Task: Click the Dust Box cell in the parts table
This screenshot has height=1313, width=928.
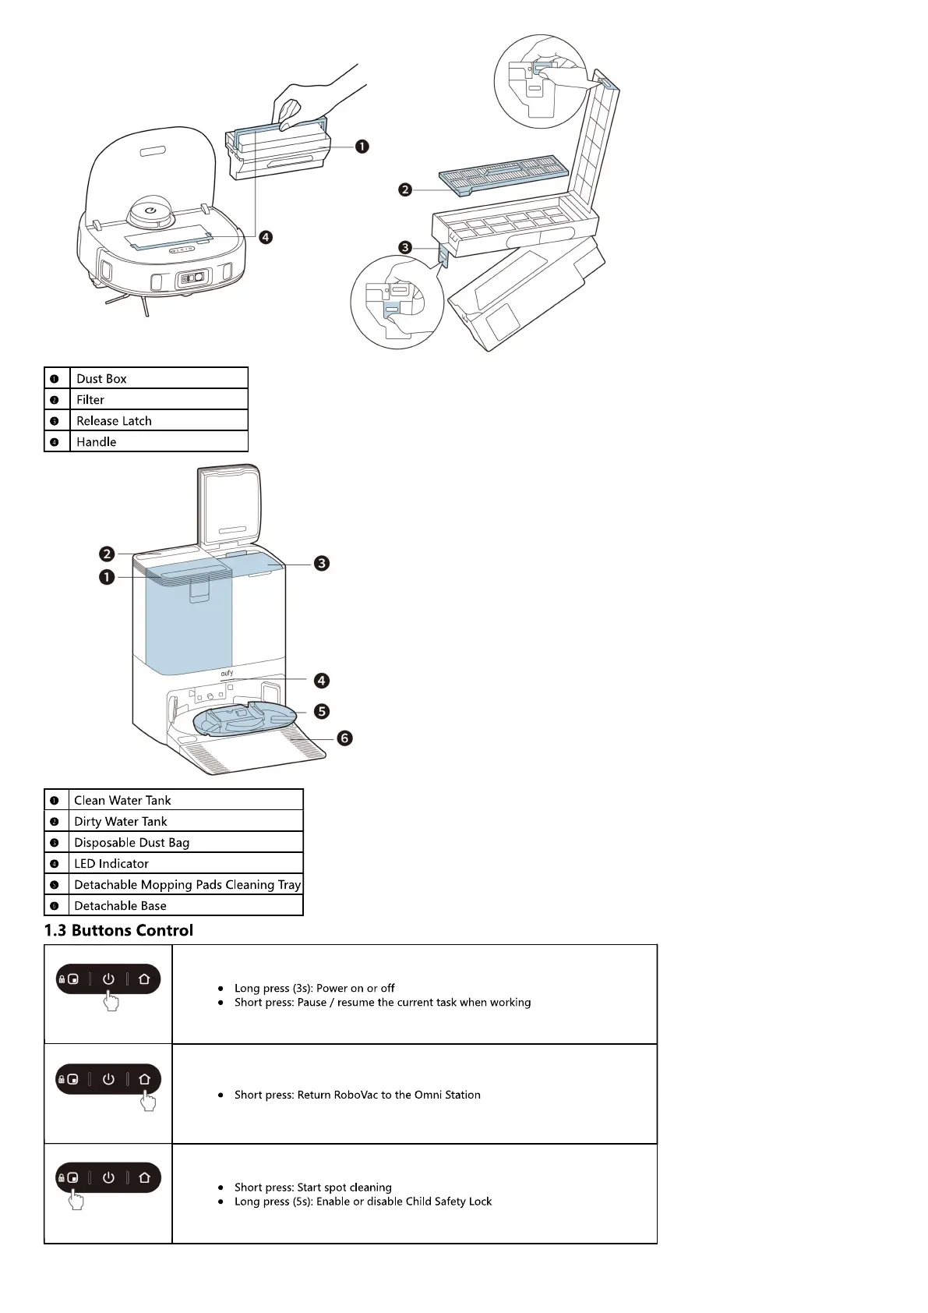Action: (x=158, y=378)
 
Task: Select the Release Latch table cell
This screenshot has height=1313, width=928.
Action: (x=158, y=420)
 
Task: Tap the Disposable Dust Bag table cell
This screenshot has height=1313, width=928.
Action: (x=185, y=842)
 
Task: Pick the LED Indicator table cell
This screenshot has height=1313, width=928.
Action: (x=185, y=863)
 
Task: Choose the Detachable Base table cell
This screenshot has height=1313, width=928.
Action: (x=185, y=905)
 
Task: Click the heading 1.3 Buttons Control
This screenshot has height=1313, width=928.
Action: (x=118, y=930)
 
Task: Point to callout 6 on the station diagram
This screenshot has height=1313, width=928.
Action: (x=344, y=738)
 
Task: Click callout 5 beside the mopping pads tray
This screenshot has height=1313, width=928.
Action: (x=322, y=711)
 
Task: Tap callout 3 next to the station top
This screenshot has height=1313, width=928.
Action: (x=322, y=563)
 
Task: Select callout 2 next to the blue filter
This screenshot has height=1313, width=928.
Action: (x=405, y=189)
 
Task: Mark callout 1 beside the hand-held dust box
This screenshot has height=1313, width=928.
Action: (x=362, y=147)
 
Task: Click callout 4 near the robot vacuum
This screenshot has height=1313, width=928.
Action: (x=266, y=237)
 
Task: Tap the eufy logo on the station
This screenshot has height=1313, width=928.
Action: (x=227, y=673)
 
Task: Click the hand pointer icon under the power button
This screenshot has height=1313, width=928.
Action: (x=111, y=1001)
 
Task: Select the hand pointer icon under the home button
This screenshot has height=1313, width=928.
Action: (x=148, y=1101)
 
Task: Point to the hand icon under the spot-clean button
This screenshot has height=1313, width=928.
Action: (x=76, y=1200)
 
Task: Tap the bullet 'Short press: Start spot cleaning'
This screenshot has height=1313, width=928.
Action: (x=313, y=1187)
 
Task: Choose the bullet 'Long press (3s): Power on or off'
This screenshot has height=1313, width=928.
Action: (x=315, y=988)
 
